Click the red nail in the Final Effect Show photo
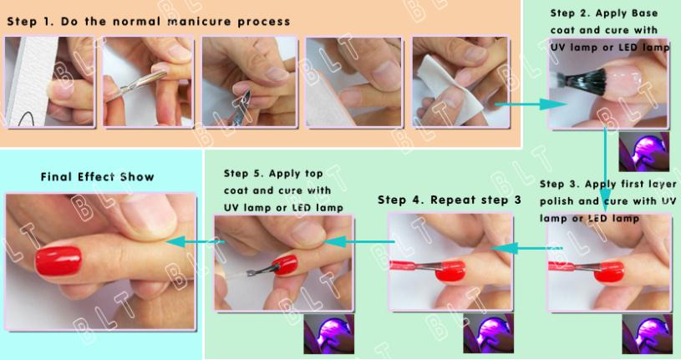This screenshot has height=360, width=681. point(58,261)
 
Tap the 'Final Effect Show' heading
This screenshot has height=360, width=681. point(97,177)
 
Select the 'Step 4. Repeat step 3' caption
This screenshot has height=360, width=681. point(449,200)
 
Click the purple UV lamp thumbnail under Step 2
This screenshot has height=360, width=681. point(643,151)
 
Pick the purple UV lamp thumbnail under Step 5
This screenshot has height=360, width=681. point(328,333)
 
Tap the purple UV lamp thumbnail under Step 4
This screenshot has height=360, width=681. point(488,333)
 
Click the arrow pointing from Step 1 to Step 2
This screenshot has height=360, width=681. point(531,104)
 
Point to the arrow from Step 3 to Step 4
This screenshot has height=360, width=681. point(526,248)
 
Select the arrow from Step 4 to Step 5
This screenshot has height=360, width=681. point(359,241)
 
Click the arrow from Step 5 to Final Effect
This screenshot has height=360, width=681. point(196,241)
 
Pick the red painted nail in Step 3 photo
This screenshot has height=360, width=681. point(609,271)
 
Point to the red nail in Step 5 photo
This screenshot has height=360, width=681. point(285,265)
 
